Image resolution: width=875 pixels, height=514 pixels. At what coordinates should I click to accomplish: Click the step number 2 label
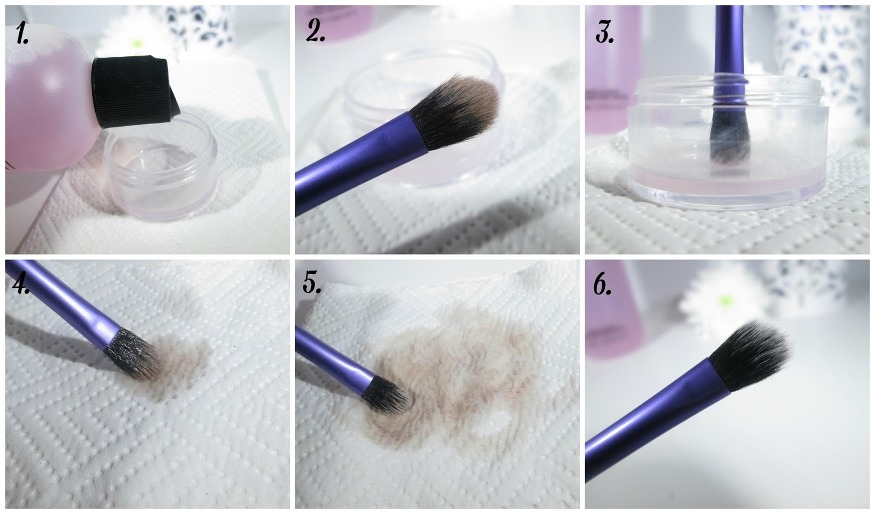click(x=315, y=31)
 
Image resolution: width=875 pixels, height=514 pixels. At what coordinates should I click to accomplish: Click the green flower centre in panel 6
click(x=725, y=301)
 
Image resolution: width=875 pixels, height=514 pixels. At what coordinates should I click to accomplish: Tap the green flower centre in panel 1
click(x=136, y=43)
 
